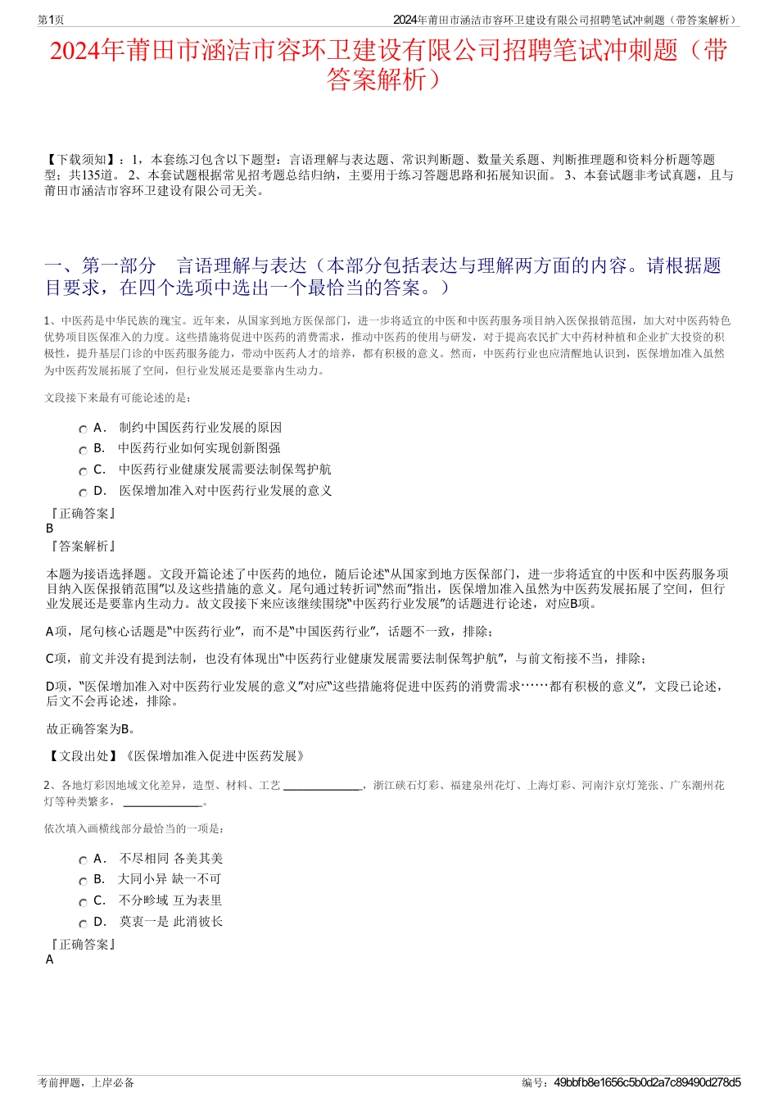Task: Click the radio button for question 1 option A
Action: coord(83,429)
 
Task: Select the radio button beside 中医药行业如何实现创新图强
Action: coord(83,451)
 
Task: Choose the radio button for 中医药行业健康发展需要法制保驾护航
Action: coord(83,472)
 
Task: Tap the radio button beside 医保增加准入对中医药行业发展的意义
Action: coord(83,492)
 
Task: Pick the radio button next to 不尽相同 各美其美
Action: coord(83,860)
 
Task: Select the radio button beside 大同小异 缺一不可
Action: coord(83,882)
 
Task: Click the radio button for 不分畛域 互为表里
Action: coord(83,903)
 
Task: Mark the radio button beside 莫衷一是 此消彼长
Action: coord(83,923)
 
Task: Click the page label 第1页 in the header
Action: coord(51,20)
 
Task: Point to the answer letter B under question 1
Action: coord(50,528)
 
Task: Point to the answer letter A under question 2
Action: coord(50,959)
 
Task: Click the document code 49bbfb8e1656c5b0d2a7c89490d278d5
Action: coord(647,1082)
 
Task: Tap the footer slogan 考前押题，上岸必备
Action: coord(86,1082)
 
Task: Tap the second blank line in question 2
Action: coord(161,803)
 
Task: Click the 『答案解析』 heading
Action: coord(83,546)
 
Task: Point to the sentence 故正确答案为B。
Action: coord(91,728)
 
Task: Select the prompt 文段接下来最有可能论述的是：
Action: coord(118,398)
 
